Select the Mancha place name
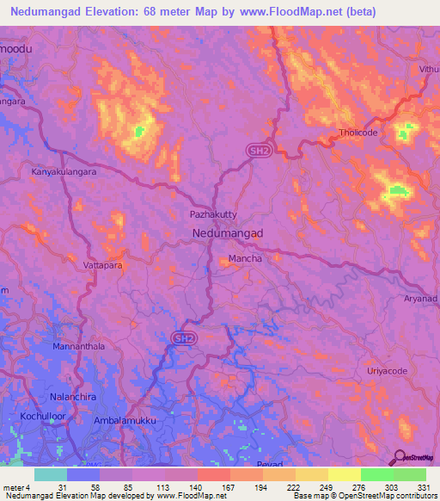coord(244,258)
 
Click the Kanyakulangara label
coord(64,172)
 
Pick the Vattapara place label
coord(103,266)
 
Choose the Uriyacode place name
coord(387,370)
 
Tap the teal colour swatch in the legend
coord(51,474)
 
